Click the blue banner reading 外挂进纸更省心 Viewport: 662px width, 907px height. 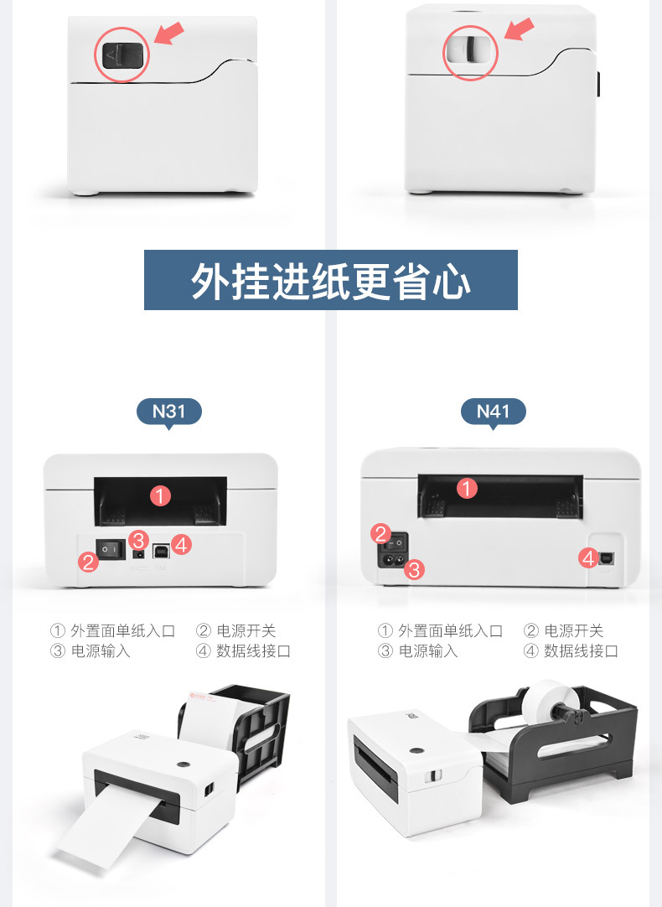[x=330, y=280]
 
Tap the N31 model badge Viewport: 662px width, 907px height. [x=168, y=412]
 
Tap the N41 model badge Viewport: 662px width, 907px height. [x=493, y=412]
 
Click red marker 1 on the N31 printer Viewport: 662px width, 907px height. [x=161, y=495]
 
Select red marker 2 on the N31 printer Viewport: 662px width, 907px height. [x=90, y=562]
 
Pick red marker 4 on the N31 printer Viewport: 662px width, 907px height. [x=182, y=545]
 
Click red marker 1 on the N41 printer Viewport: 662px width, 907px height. [x=468, y=487]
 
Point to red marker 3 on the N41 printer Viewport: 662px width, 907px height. [x=414, y=571]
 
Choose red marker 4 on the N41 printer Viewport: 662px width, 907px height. [x=588, y=557]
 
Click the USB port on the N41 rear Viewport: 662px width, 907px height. [x=604, y=557]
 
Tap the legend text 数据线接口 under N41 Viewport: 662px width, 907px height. [x=581, y=650]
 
